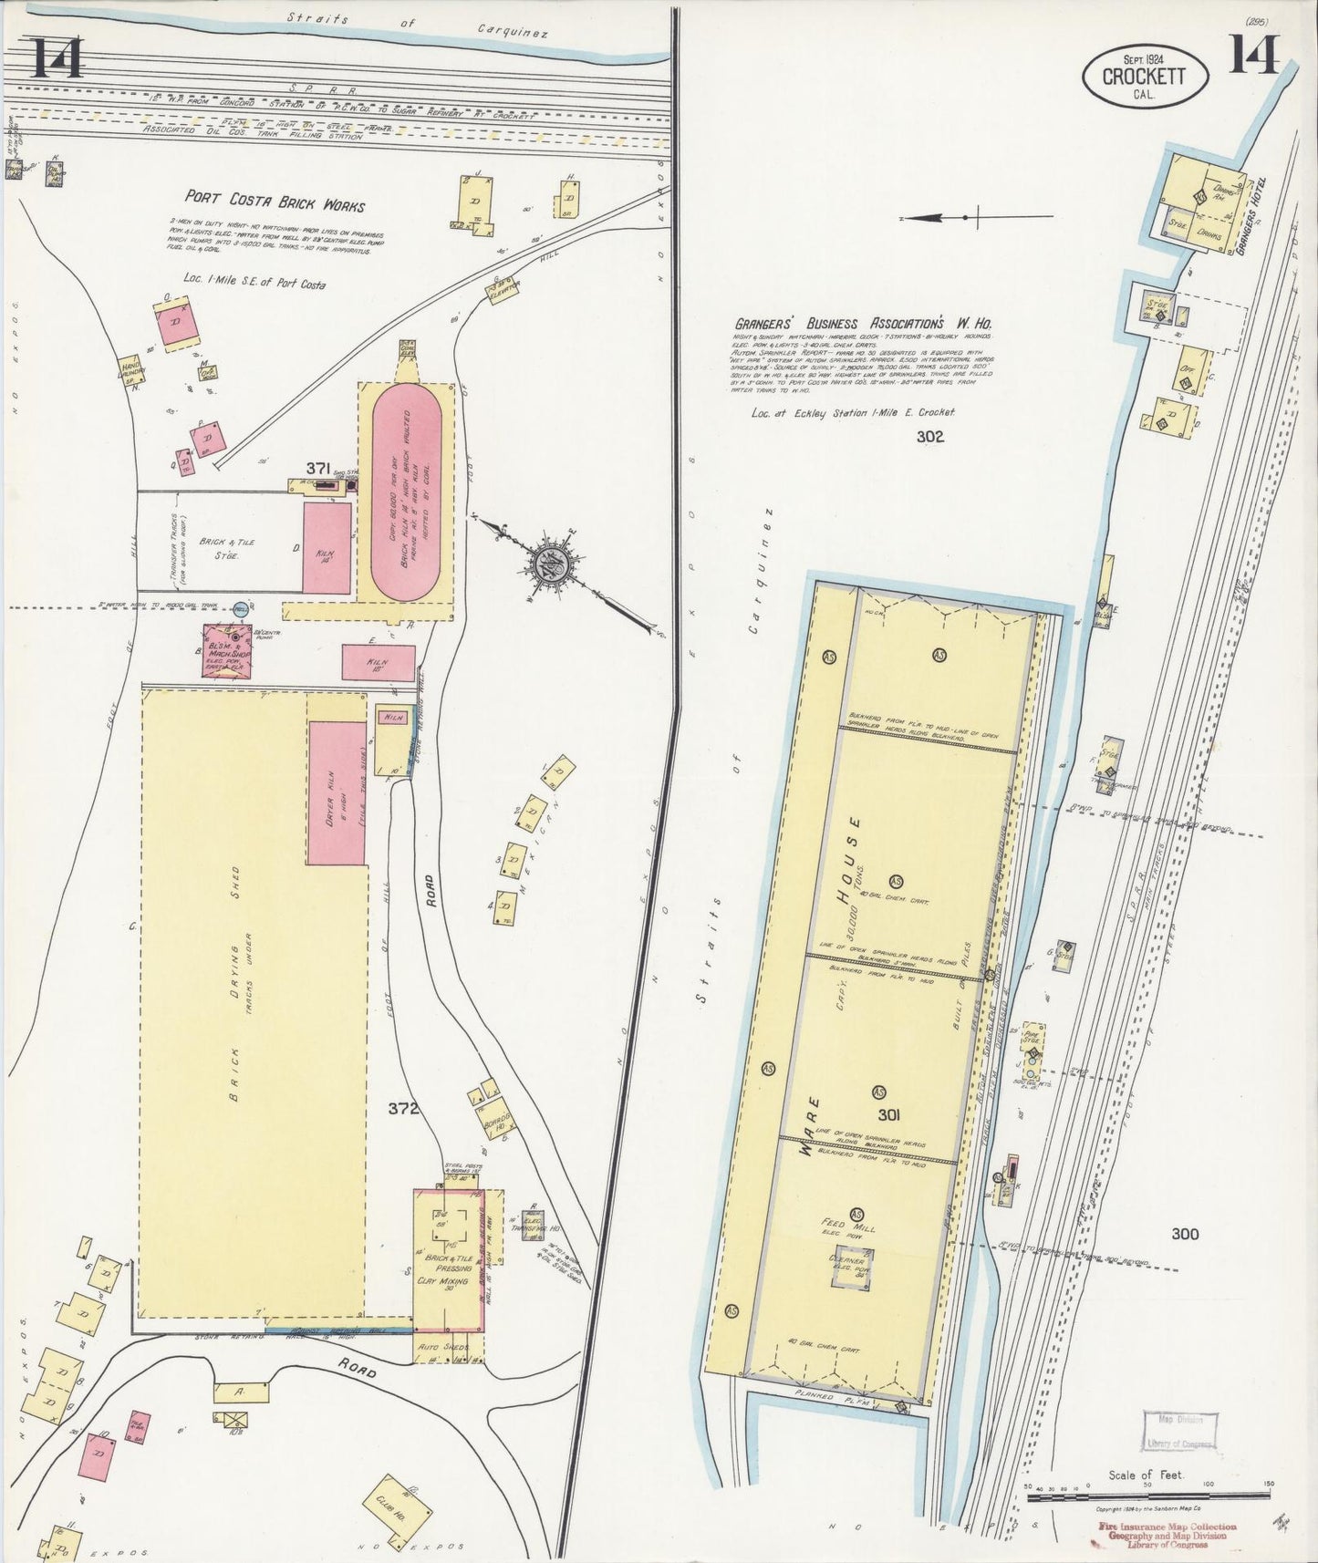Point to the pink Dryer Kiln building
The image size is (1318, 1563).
[x=337, y=792]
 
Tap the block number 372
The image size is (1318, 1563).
[x=402, y=1109]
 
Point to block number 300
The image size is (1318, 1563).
[x=1185, y=1234]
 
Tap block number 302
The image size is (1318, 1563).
[x=931, y=436]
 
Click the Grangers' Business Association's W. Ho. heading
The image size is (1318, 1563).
[x=864, y=324]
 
